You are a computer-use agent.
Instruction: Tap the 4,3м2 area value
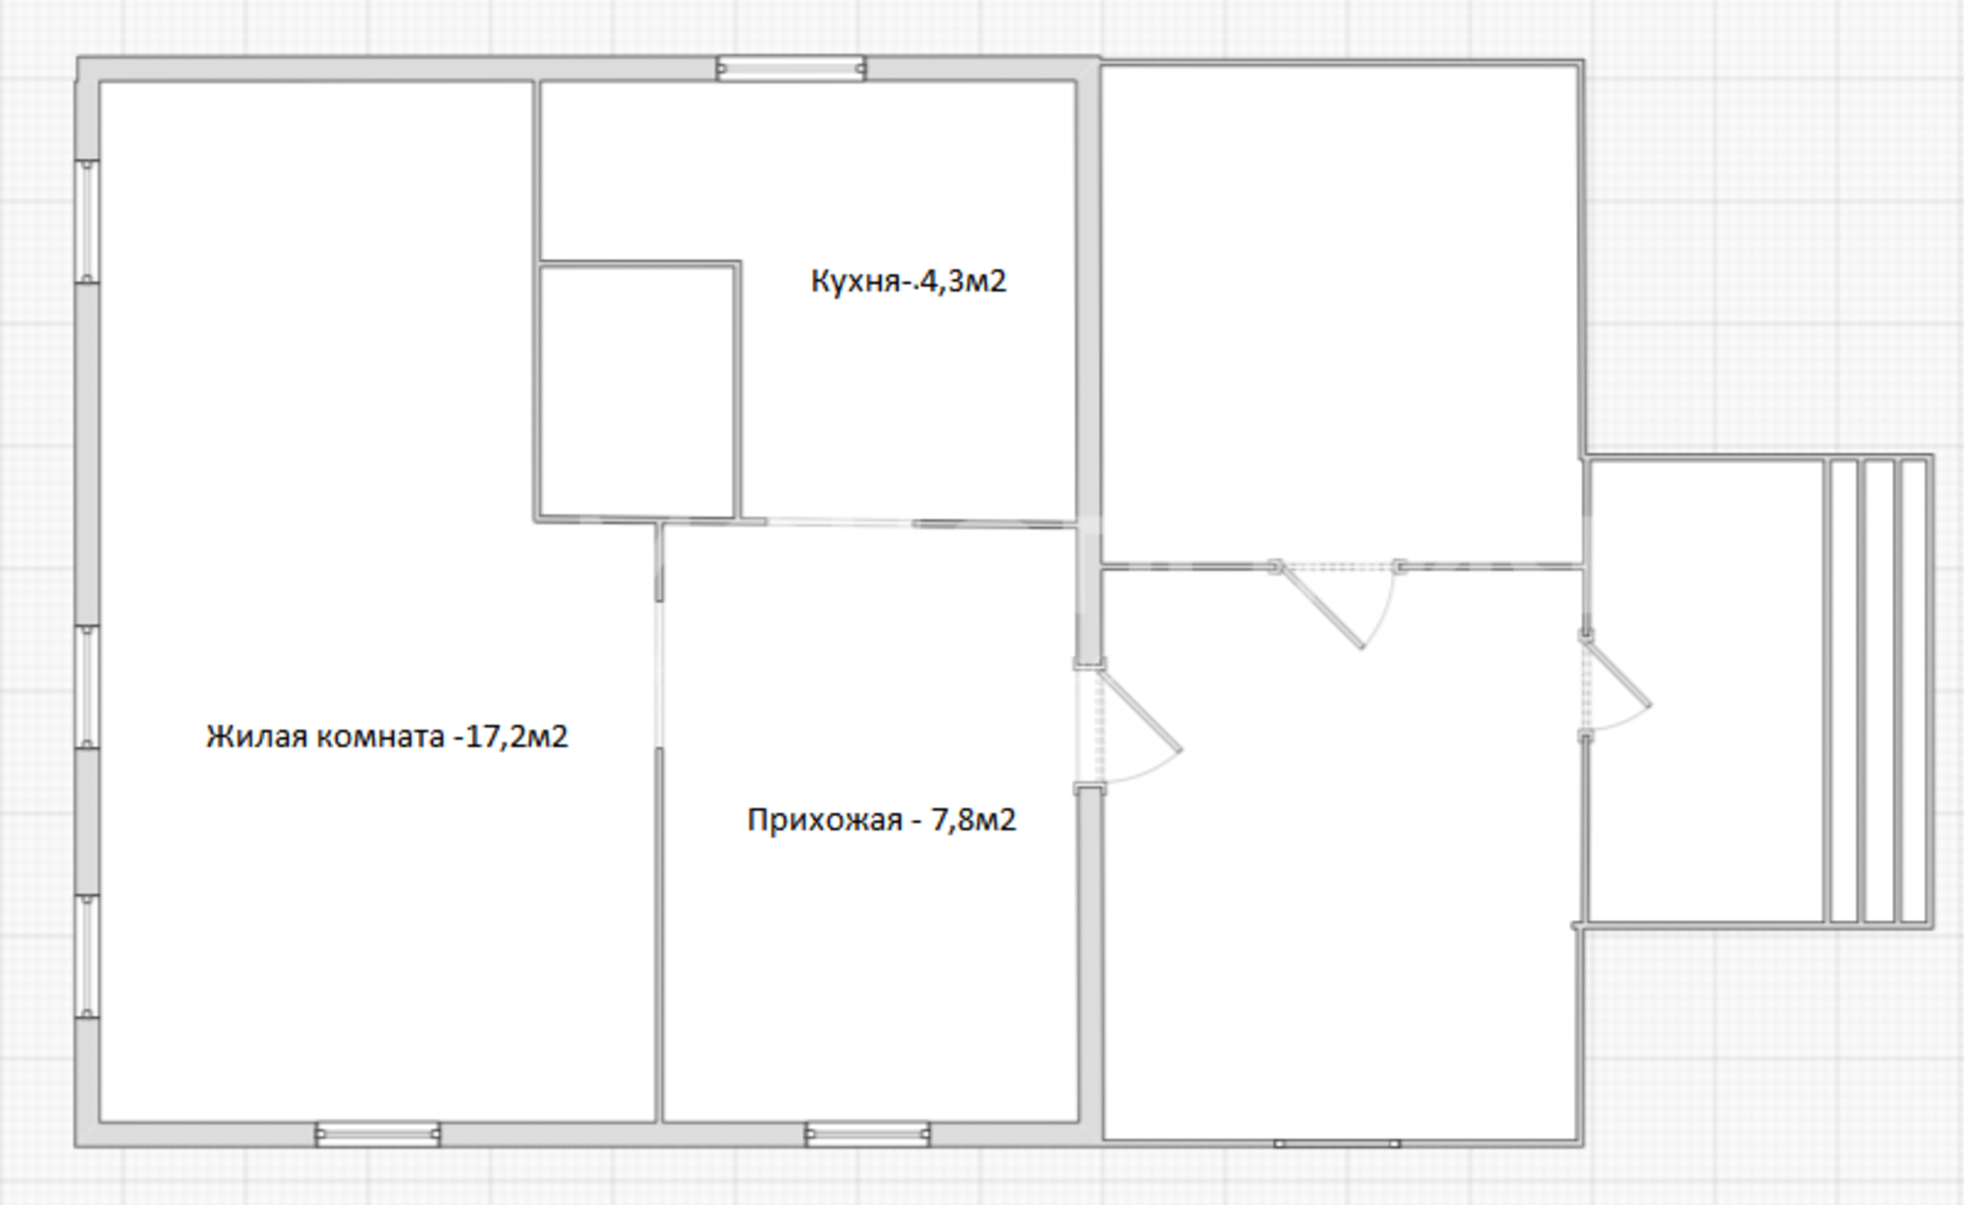coord(962,282)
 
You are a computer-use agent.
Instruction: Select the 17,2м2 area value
coord(516,736)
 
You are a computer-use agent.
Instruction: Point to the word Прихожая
coord(824,819)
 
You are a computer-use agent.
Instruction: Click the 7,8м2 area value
coord(973,819)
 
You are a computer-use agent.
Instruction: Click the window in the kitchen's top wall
coord(791,69)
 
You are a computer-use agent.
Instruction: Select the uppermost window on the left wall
coord(87,222)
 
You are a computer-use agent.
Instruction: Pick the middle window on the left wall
coord(87,687)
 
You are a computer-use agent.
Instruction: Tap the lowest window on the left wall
coord(87,957)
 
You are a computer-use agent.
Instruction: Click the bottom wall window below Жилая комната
coord(377,1134)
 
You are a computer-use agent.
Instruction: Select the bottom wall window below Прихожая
coord(867,1134)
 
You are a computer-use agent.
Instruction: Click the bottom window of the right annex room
coord(1337,1143)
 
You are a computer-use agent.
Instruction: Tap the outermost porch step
coord(1914,691)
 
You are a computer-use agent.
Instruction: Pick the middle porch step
coord(1879,691)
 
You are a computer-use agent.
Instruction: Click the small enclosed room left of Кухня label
coord(637,391)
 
